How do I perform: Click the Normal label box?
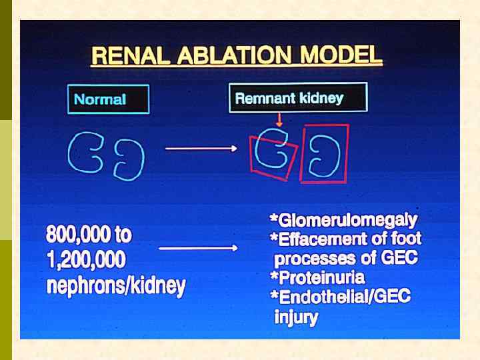click(x=108, y=100)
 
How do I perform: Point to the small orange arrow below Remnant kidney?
click(x=279, y=120)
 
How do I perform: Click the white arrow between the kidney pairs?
click(x=201, y=149)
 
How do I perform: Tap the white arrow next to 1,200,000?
click(x=198, y=248)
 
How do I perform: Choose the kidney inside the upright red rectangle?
click(x=325, y=155)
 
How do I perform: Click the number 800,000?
click(x=89, y=235)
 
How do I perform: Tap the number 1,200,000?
click(x=86, y=260)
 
